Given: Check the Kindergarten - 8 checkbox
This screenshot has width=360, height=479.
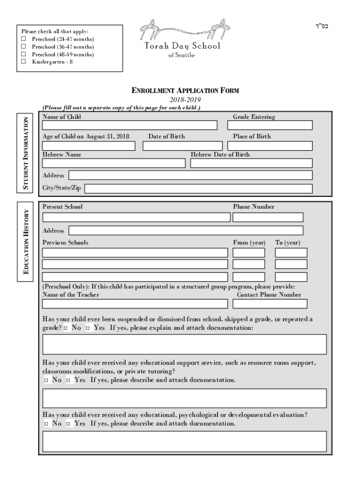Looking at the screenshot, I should [x=23, y=62].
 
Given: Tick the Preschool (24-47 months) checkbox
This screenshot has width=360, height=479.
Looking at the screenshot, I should [x=23, y=39].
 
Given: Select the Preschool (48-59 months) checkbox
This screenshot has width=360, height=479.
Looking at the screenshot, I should [x=23, y=54].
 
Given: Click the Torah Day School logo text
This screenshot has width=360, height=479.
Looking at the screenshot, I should [x=182, y=46].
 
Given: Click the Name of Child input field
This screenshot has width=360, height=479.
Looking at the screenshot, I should [x=130, y=125].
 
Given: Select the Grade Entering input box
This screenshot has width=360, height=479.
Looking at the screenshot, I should [x=273, y=125].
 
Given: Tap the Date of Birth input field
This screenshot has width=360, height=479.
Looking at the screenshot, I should [x=182, y=146].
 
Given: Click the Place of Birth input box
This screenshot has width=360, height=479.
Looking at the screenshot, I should [x=273, y=146].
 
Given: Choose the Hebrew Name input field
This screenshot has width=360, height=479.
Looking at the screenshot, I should [x=114, y=163].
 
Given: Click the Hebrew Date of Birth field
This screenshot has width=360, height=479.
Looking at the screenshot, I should [x=251, y=163].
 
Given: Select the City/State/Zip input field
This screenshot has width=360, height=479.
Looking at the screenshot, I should [x=198, y=189].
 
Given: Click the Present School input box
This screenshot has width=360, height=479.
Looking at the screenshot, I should [x=136, y=218].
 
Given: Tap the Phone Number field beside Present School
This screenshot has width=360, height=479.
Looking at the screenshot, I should [x=268, y=218].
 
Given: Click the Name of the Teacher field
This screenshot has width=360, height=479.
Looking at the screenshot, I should [x=135, y=304].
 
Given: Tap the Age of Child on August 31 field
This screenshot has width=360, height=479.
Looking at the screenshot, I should [x=89, y=146].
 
